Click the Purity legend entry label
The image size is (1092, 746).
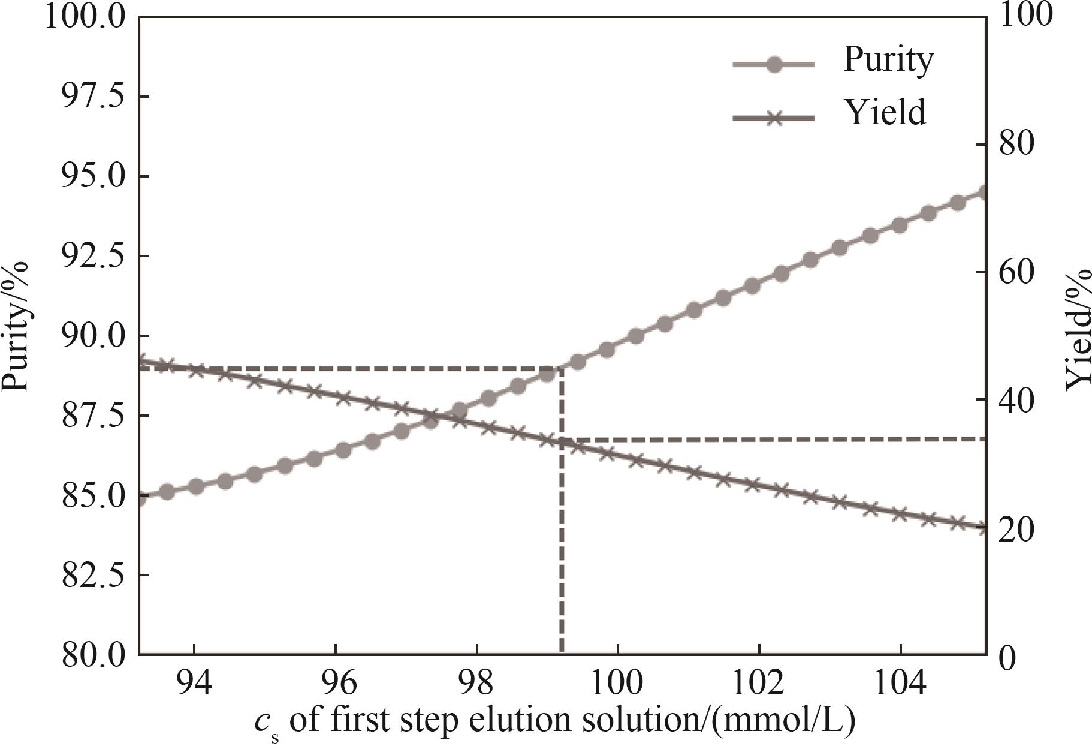pos(888,61)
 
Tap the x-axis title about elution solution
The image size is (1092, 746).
pos(554,722)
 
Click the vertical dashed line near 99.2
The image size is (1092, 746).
pos(562,540)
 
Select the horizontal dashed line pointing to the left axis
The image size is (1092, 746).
pos(348,368)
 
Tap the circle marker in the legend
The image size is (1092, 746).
pos(774,64)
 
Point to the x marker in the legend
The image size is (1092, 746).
pos(774,118)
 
